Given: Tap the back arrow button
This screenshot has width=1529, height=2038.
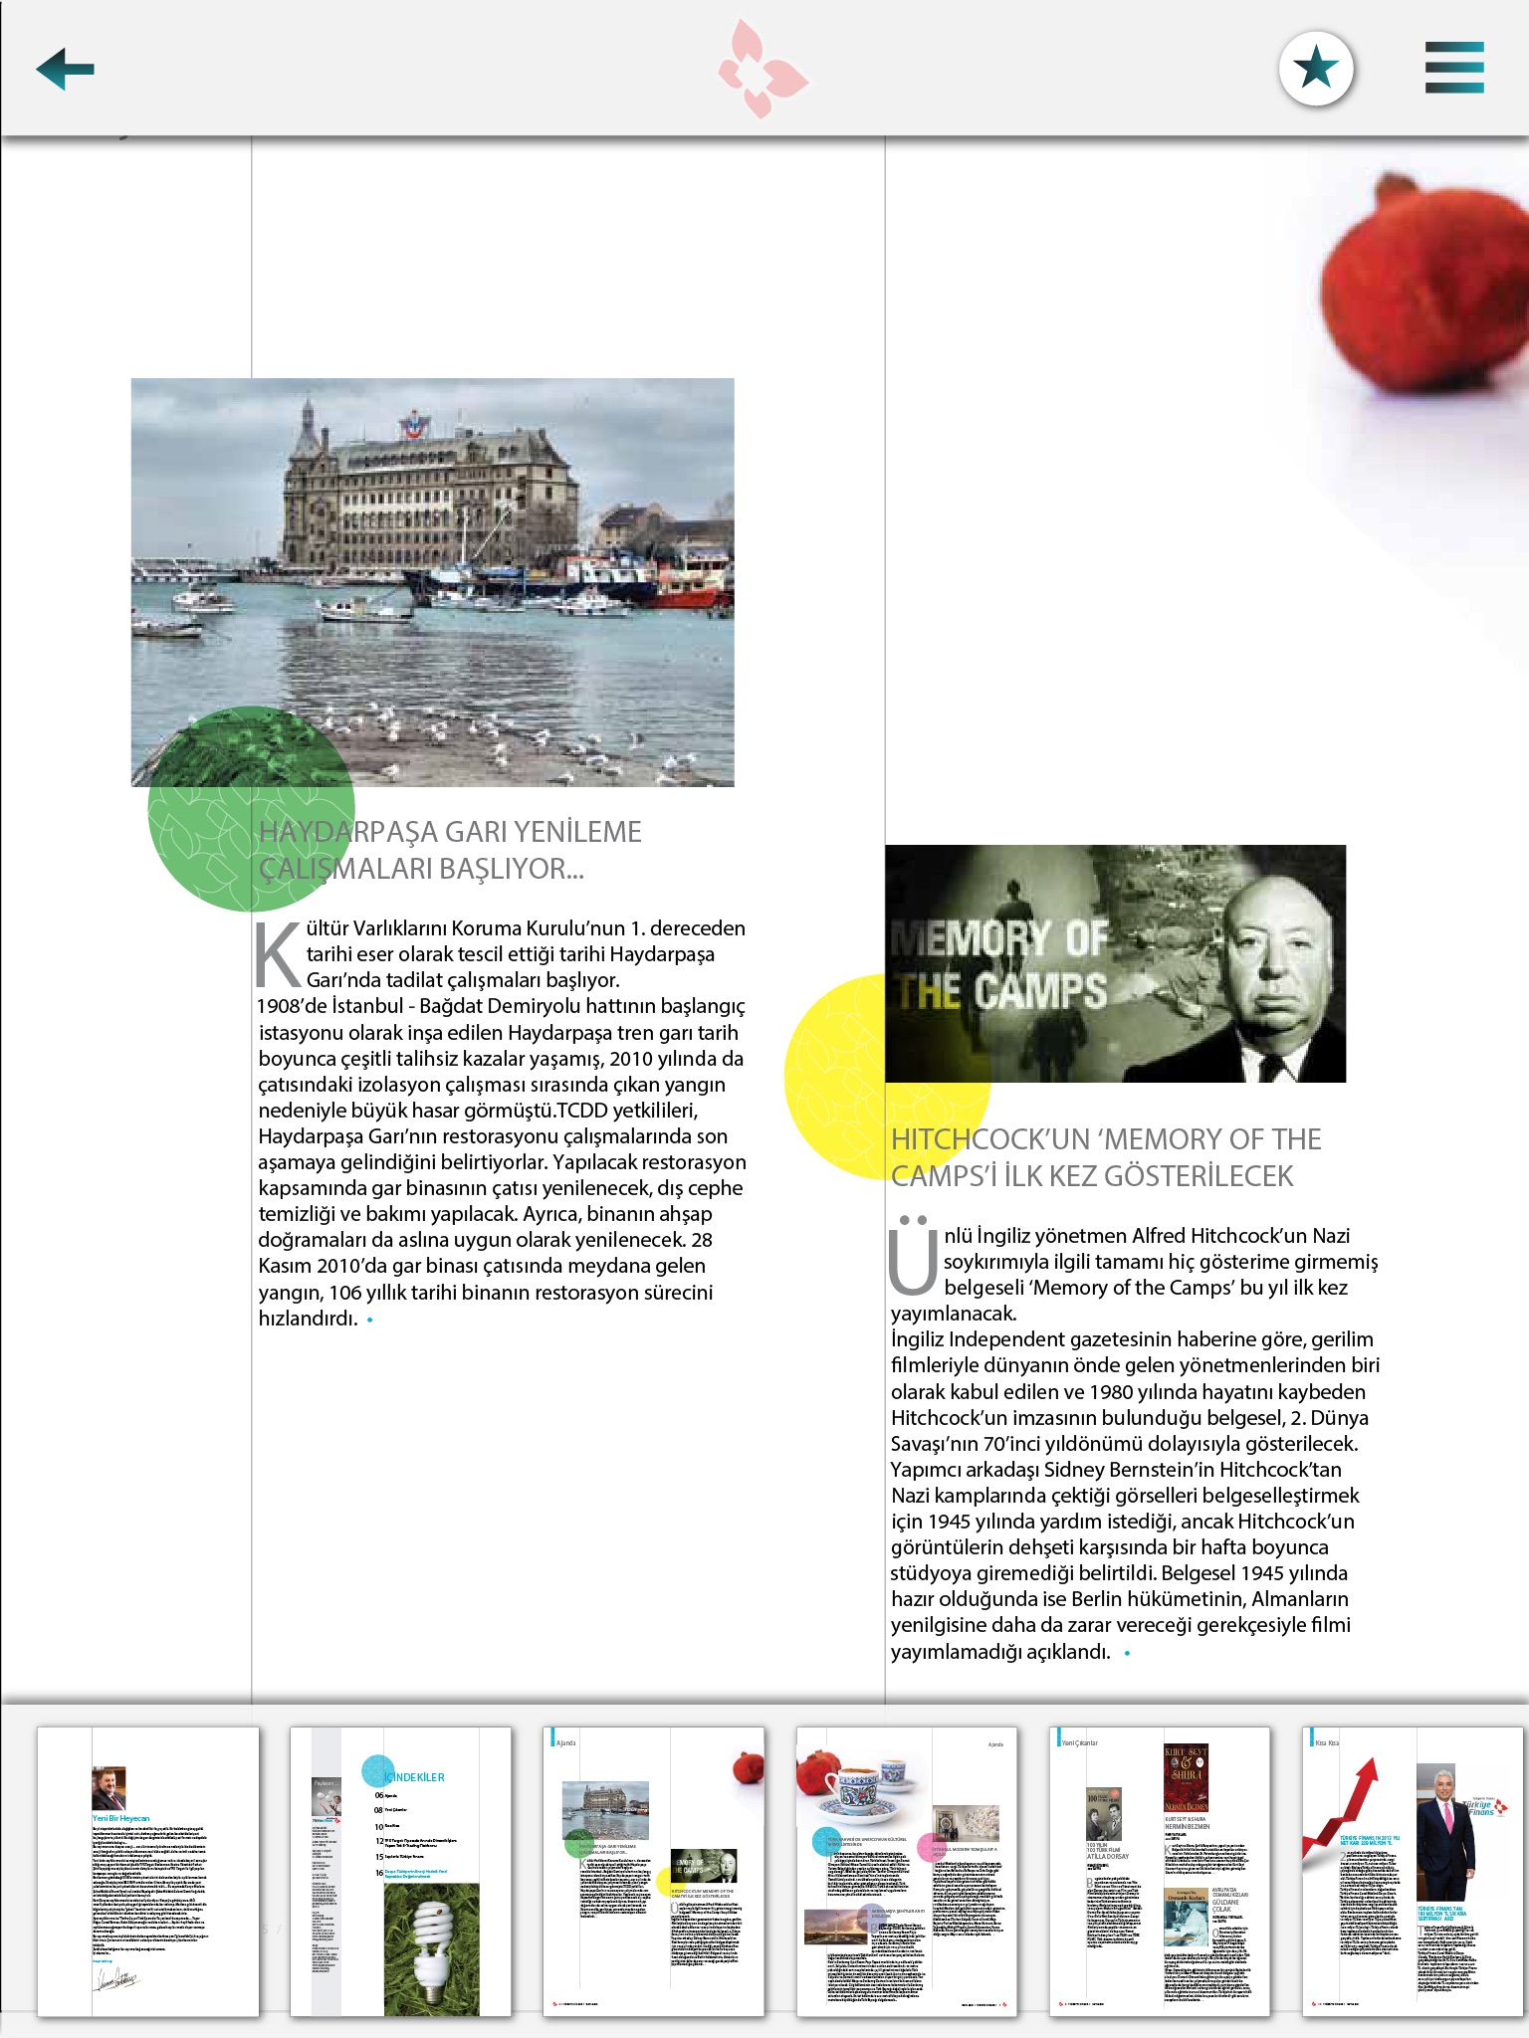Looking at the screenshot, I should [65, 69].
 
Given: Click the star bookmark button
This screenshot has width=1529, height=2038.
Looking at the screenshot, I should [1316, 69].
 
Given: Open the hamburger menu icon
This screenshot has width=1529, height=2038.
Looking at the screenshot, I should [1454, 68].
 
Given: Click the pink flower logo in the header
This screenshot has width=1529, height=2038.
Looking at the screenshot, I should [763, 69].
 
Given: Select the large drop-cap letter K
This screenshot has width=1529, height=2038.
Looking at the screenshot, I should [278, 955].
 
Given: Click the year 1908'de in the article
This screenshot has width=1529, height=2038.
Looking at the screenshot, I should [291, 1006].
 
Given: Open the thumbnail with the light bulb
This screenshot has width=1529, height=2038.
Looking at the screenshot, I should [400, 1871].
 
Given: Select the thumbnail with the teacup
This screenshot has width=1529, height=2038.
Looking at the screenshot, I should [906, 1871].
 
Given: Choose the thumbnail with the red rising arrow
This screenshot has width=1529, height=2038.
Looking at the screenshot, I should [1412, 1871].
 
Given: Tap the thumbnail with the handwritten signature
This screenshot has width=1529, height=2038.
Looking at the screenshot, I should [147, 1871].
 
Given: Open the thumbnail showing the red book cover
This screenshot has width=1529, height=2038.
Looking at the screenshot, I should [1160, 1871].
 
